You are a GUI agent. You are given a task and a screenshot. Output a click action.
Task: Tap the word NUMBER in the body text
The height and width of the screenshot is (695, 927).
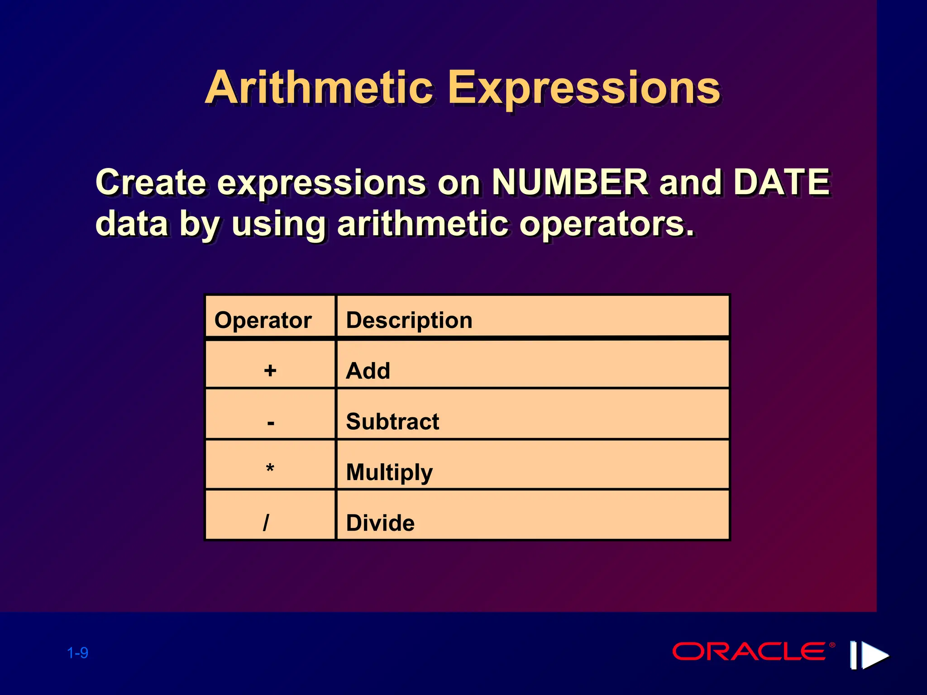coord(569,182)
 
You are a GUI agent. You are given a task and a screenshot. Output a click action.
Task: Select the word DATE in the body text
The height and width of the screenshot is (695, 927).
coord(781,182)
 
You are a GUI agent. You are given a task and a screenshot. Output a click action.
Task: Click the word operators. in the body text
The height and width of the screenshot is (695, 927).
coord(606,224)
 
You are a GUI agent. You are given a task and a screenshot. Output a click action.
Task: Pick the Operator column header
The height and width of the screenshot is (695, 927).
coord(263,320)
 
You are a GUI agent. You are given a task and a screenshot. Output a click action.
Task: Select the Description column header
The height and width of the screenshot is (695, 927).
coord(409,320)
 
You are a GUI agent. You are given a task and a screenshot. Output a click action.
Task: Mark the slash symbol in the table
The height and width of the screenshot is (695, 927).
coord(266,523)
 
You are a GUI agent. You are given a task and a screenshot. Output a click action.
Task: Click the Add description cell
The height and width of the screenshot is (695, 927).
coord(368,371)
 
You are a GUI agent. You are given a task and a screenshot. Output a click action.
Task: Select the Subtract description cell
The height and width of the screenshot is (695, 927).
coord(392,422)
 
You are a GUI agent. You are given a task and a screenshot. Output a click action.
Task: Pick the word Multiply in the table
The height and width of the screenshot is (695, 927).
coord(389,472)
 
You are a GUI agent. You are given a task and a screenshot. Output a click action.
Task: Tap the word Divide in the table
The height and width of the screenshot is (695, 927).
coord(380,523)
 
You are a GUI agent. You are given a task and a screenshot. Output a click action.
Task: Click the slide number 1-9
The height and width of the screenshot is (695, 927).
coord(77,653)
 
